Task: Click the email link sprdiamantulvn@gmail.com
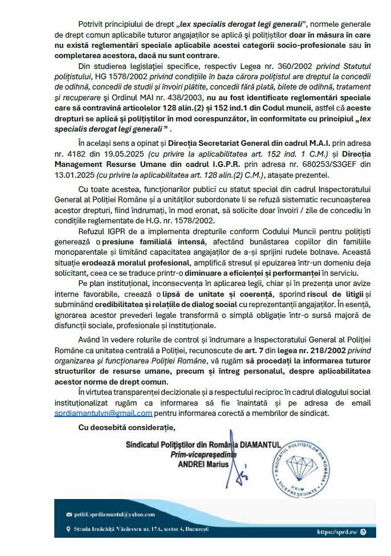(x=108, y=414)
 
